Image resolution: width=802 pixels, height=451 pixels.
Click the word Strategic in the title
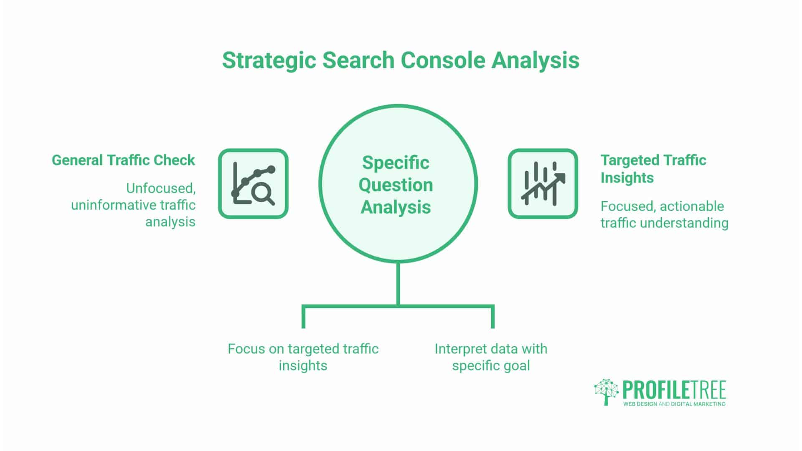[269, 61]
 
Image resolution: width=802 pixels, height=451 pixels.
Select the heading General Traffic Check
[123, 160]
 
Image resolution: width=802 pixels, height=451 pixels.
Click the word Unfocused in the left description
[161, 189]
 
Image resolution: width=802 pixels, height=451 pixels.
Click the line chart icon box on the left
[253, 183]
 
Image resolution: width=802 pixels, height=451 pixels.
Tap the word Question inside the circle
[396, 185]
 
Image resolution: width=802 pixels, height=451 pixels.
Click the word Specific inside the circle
[396, 162]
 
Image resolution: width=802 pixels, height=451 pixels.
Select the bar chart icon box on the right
[543, 183]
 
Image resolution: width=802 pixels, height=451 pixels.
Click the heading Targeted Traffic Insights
[653, 169]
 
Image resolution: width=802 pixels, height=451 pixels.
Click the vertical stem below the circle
[398, 284]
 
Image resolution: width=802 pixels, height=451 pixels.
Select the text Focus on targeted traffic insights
[303, 357]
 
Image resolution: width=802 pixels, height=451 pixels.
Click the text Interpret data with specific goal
[491, 357]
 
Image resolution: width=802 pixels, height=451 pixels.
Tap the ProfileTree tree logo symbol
[606, 392]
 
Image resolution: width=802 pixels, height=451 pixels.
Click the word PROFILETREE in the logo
[674, 390]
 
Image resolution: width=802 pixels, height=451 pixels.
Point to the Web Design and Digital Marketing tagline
[674, 404]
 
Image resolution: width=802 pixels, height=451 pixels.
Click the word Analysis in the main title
[535, 61]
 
